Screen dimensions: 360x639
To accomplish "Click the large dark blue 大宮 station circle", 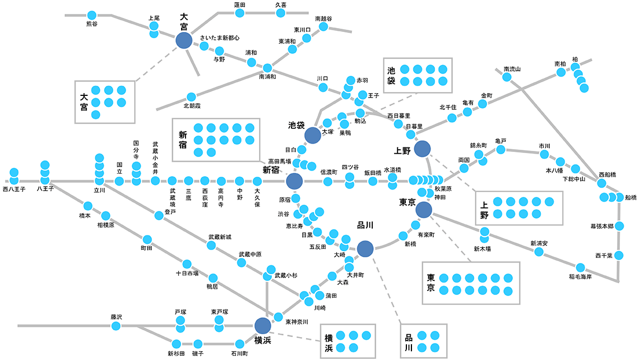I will (x=184, y=40).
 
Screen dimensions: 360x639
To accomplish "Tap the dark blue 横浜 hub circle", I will (x=262, y=325).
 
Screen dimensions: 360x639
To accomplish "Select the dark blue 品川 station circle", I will (x=365, y=248).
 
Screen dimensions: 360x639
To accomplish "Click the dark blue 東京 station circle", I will (x=424, y=210).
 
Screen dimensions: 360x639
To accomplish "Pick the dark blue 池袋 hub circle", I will (x=312, y=135).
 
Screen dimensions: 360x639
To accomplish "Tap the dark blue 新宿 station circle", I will (x=294, y=181).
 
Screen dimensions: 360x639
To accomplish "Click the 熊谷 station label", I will (x=91, y=24).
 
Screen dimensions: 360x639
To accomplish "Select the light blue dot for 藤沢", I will (x=115, y=326).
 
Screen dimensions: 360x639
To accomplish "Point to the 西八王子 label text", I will (x=14, y=190).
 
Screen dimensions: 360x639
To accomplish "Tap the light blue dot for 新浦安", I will (x=539, y=252).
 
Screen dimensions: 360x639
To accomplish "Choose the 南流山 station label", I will (x=512, y=69).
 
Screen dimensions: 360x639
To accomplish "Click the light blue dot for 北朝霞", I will (x=191, y=97).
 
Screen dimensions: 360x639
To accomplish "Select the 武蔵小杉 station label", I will (x=286, y=275).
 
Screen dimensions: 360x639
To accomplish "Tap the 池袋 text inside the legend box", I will (x=391, y=76).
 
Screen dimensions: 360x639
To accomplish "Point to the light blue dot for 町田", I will (x=147, y=239).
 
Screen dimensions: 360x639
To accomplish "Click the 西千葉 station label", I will (x=604, y=255).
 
